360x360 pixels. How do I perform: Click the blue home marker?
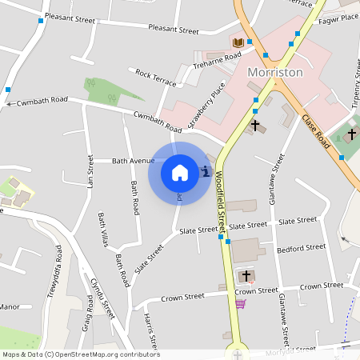coord(180,172)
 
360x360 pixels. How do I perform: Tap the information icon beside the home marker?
coord(206,170)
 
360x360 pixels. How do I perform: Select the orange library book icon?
coord(238,42)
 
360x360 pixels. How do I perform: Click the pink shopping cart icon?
coord(240,304)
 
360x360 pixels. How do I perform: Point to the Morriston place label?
coord(275,72)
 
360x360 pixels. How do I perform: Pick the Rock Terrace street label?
coord(155,77)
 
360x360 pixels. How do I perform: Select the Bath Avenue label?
coord(133,161)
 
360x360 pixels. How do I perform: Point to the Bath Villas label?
coord(102,230)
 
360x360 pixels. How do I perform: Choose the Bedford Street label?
coord(301,248)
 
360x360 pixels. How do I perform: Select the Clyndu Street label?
coord(102,298)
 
